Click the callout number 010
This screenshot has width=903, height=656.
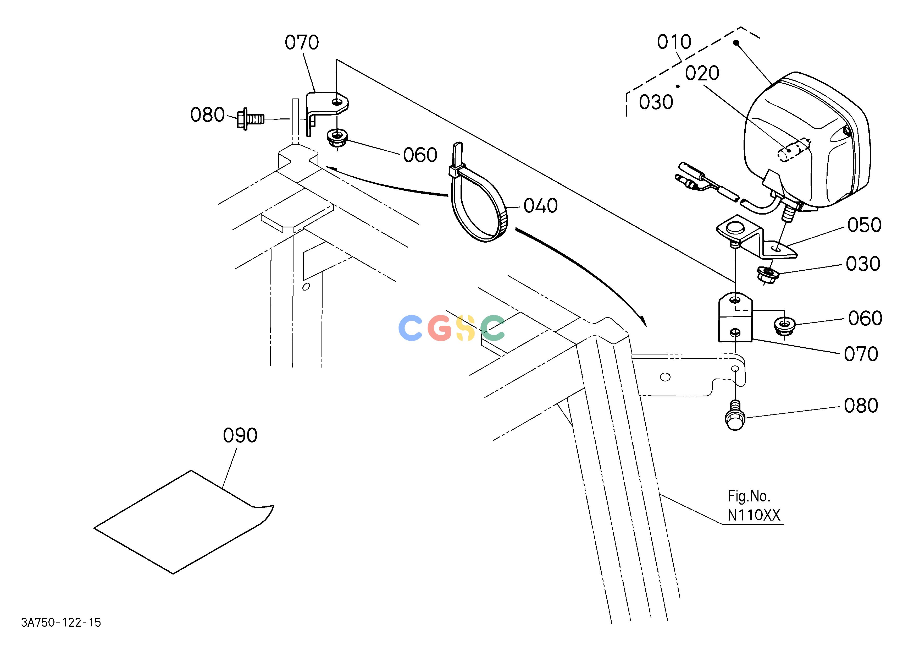coord(674,42)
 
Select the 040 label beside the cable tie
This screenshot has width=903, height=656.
coord(540,206)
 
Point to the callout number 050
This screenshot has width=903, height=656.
coord(864,225)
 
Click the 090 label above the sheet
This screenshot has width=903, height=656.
coord(240,436)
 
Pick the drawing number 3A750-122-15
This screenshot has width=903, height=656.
coord(61,622)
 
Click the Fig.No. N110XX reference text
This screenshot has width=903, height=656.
coord(754,506)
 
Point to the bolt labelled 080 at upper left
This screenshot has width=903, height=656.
coord(250,119)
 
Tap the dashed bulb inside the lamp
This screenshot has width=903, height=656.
coord(794,149)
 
